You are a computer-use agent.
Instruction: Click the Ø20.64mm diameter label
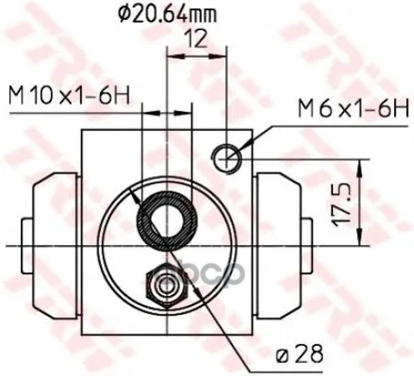coord(167,16)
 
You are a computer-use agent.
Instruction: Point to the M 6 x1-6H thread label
coord(354,109)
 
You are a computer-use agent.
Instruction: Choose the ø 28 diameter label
coord(299,354)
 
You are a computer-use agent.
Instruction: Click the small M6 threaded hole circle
coord(227,158)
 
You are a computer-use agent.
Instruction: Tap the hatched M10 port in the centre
coord(166,221)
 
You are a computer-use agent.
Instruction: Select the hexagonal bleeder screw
coord(167,285)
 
